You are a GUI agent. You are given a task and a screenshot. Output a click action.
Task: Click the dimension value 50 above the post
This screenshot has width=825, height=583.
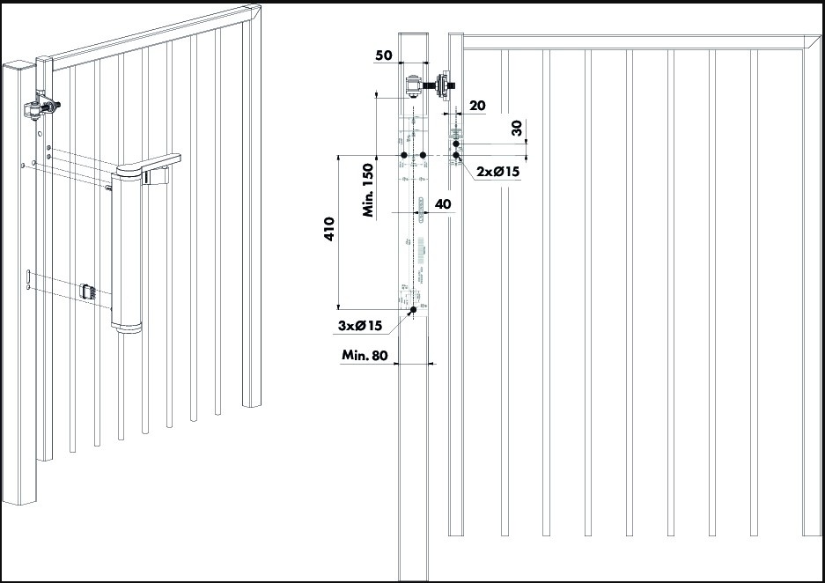coord(384,55)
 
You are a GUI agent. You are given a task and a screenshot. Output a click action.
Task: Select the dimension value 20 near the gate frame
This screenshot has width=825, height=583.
coord(477,105)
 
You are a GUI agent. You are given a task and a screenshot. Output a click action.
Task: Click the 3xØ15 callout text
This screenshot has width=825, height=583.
coord(360,326)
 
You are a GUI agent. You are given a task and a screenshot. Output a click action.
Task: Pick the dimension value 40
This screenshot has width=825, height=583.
coord(443,203)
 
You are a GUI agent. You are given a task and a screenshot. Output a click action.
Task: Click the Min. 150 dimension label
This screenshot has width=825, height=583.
coord(369,189)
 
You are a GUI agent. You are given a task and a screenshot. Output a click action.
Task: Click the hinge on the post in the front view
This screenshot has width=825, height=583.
coord(414,88)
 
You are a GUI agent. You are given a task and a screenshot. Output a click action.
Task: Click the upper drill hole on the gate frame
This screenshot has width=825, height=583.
coord(456,144)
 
